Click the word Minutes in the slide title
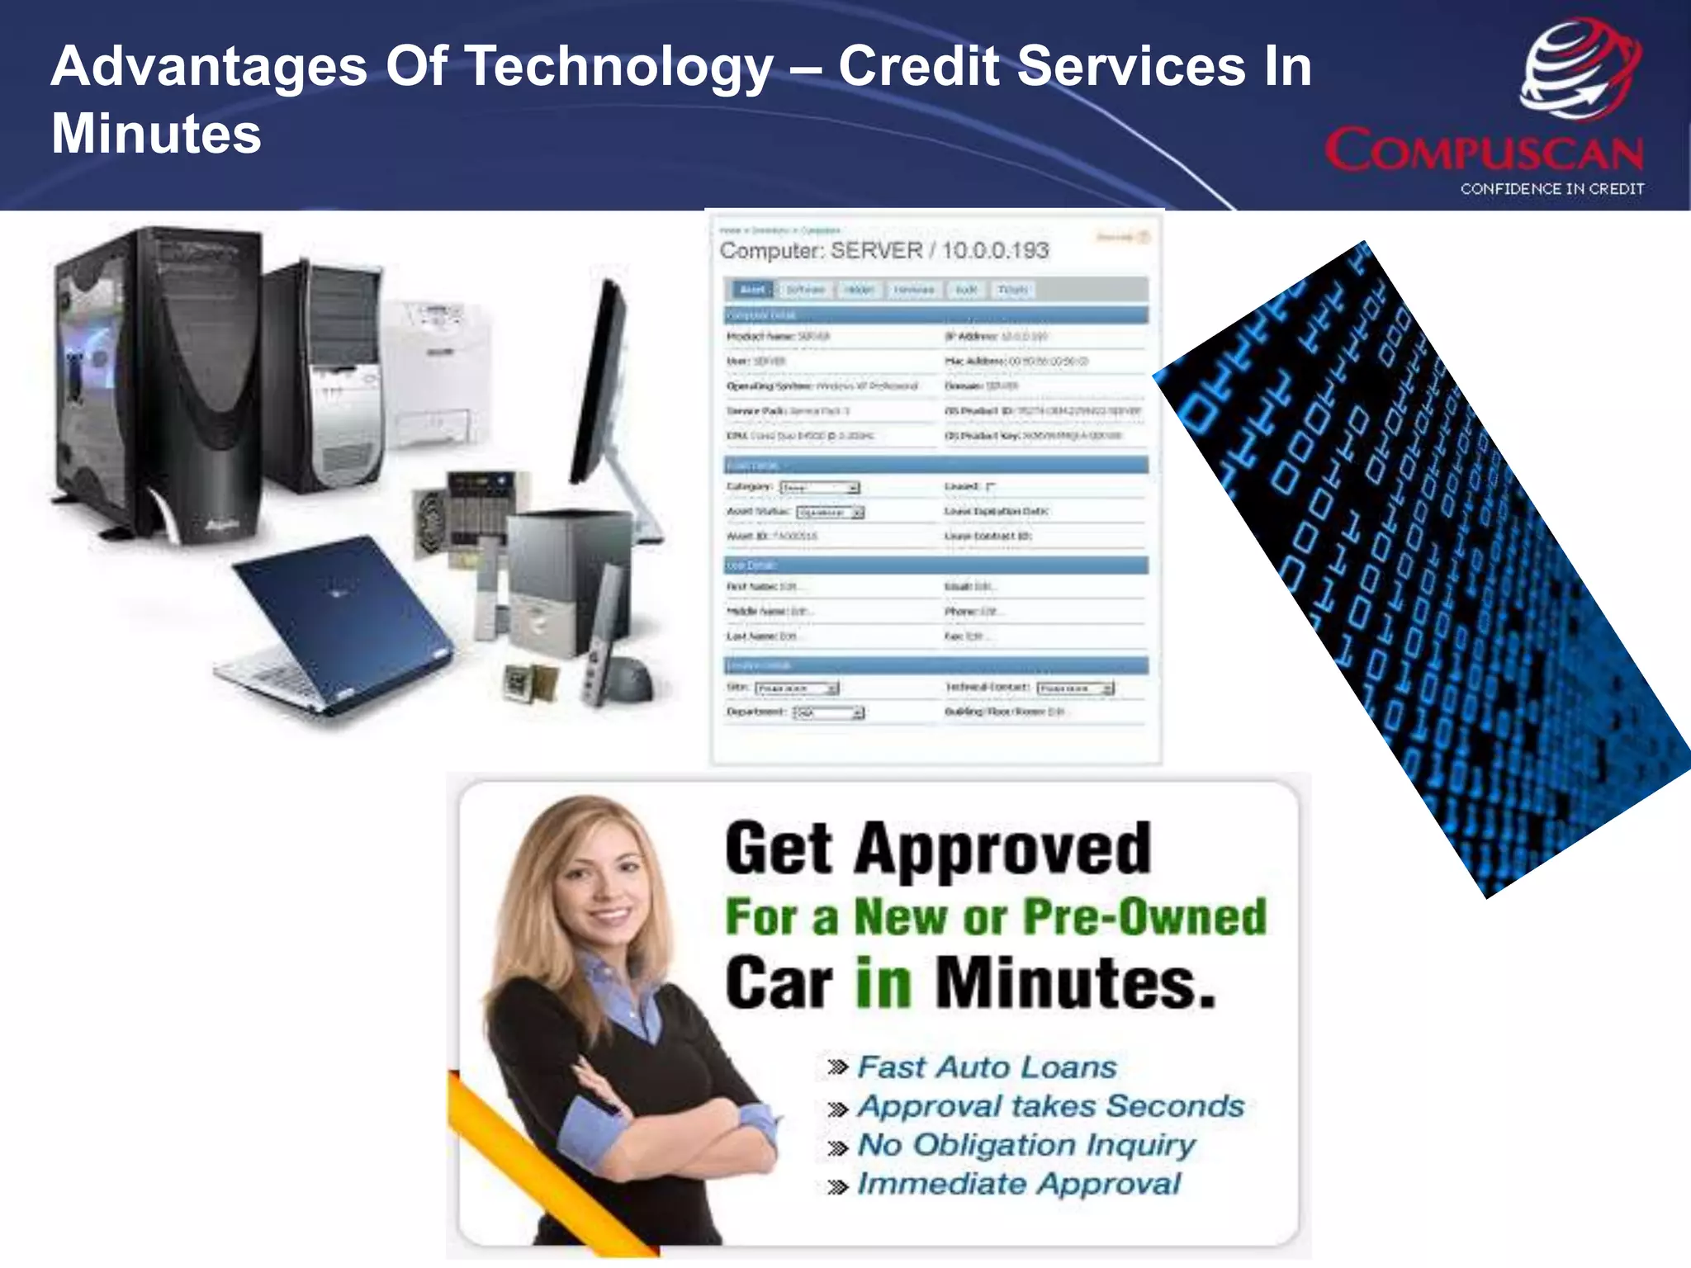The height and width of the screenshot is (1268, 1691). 156,134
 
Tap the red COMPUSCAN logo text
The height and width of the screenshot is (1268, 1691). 1484,151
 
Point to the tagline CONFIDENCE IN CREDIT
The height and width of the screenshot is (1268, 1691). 1551,189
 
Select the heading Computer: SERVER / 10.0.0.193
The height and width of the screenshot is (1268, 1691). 883,250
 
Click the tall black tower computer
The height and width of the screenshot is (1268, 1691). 157,388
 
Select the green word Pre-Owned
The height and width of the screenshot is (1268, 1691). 1144,917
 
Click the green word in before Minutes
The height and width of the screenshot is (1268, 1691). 883,983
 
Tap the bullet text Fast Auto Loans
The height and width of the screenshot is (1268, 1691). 987,1067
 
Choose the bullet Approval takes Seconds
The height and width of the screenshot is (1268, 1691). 1050,1106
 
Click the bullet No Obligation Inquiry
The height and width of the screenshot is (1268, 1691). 1026,1145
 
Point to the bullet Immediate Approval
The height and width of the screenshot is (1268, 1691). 1019,1184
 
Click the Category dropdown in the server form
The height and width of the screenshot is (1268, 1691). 819,488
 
